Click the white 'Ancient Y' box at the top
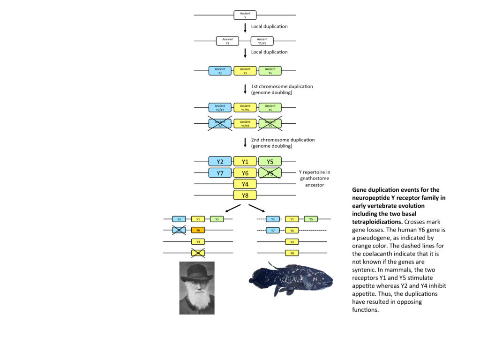point(245,15)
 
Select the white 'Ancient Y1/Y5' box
point(262,41)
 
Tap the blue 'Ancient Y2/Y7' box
point(220,107)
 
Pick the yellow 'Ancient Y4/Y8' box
point(245,124)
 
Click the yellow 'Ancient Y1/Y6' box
point(245,107)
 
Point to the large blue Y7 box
point(220,173)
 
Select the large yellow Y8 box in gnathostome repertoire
point(245,195)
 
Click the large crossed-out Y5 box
point(270,173)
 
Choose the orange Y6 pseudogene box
point(198,230)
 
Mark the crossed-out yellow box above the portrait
point(198,253)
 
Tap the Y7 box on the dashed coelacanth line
point(273,230)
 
